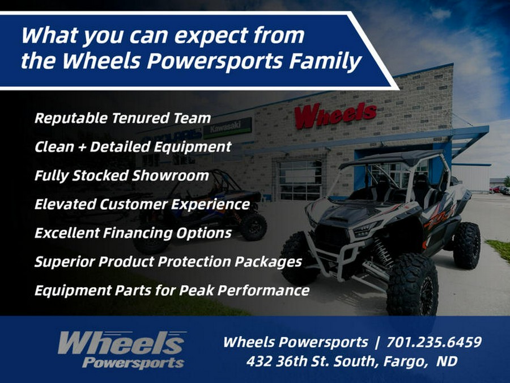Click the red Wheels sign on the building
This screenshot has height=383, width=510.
[x=335, y=115]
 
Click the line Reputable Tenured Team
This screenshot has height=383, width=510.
[x=122, y=119]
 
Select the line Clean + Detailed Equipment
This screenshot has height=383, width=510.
[x=133, y=147]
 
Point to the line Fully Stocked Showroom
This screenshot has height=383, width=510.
[x=121, y=175]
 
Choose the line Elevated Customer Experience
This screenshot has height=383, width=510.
[x=142, y=204]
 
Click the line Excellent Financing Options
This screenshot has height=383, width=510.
[x=133, y=233]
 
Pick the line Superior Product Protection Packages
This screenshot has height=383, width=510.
[x=168, y=262]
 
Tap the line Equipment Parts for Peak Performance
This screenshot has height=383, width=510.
[x=172, y=291]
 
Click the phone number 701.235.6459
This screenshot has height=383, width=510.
[x=434, y=343]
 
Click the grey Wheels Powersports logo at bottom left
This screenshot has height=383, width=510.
[x=121, y=350]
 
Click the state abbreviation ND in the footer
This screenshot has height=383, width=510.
[x=446, y=361]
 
